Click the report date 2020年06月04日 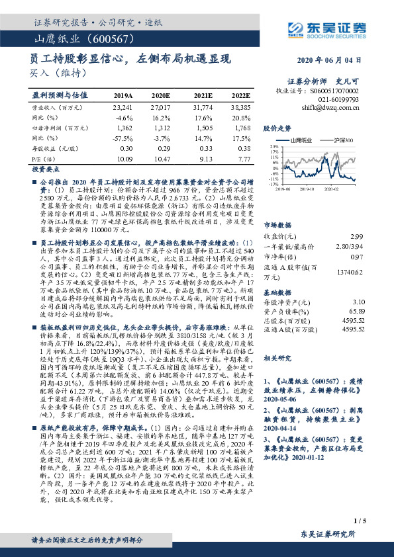[336, 60]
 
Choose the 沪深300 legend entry [344, 140]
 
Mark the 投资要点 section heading [43, 169]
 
